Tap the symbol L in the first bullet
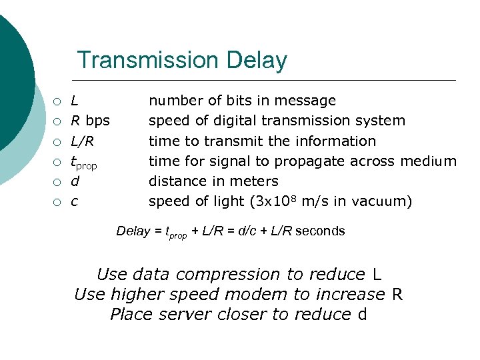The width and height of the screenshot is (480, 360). (x=75, y=101)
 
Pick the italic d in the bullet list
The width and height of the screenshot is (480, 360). (x=75, y=181)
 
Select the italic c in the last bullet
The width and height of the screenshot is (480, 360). (x=74, y=201)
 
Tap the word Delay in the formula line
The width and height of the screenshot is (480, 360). (x=133, y=231)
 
